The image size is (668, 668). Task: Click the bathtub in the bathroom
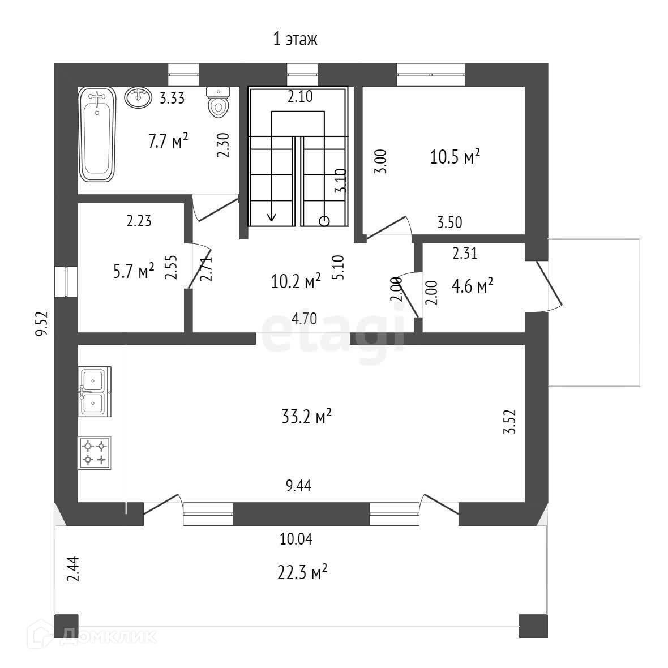97,135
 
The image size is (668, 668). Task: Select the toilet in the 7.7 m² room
218,102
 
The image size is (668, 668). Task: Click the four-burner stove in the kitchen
95,452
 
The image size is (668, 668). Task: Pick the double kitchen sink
95,391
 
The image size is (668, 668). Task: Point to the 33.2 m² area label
306,418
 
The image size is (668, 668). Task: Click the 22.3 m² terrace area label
303,573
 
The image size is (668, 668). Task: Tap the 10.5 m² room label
455,157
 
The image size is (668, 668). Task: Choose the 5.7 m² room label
134,272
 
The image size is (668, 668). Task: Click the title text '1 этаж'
296,40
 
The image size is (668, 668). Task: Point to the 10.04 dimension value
296,539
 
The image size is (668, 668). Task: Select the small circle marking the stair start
324,221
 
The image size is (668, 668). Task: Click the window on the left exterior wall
66,281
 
